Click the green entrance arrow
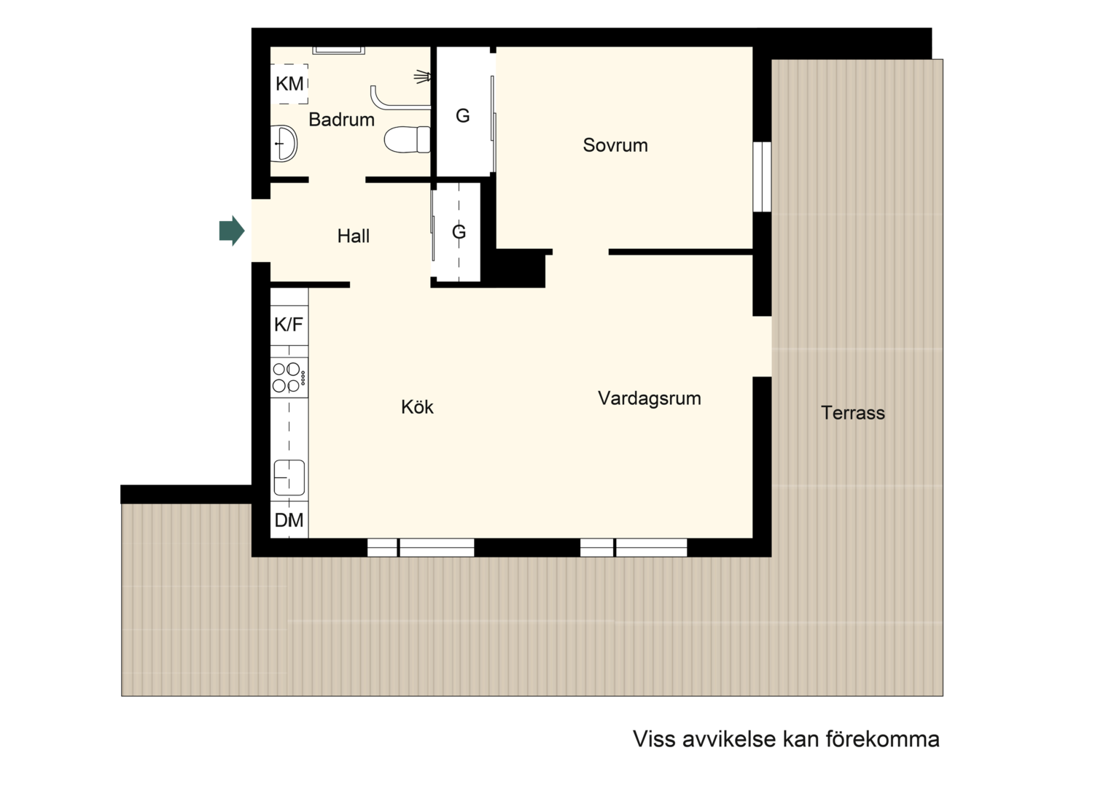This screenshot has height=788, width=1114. click(232, 231)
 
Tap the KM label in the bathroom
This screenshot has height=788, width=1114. click(289, 84)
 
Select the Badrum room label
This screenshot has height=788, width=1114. click(341, 120)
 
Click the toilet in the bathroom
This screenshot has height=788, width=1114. click(407, 139)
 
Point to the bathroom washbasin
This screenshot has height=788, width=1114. click(284, 143)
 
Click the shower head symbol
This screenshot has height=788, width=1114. click(423, 77)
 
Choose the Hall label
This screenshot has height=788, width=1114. click(353, 236)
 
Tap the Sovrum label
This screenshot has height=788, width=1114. click(615, 145)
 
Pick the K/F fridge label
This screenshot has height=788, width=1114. click(289, 325)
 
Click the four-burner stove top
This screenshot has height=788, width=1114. click(289, 377)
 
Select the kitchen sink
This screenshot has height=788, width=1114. click(289, 477)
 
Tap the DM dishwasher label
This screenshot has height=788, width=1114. click(289, 520)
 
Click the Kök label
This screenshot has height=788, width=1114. click(417, 407)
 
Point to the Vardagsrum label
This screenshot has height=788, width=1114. click(650, 398)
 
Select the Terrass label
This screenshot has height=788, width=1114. click(853, 413)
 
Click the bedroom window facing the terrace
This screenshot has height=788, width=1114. click(762, 177)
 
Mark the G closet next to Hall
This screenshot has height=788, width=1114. click(458, 232)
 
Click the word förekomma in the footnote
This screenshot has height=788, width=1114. click(883, 739)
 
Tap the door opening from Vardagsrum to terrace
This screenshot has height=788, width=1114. click(762, 347)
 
